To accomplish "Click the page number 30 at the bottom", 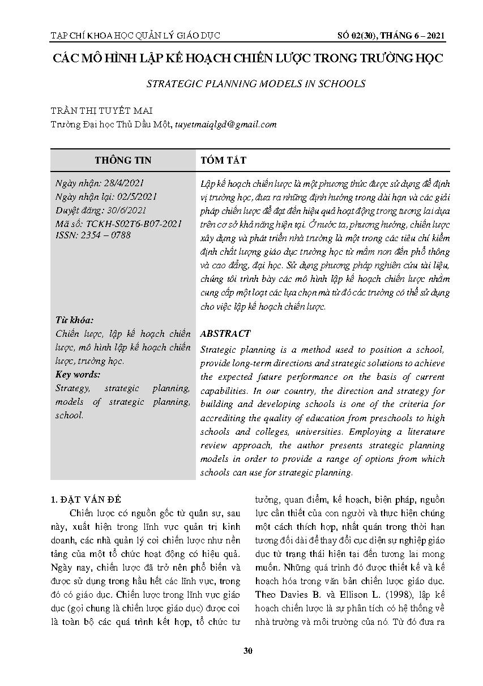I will (247, 650).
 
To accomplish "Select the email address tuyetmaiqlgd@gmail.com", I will (225, 125).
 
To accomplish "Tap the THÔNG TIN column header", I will (123, 160).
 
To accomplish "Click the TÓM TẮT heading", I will (223, 160).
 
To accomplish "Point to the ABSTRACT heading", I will (225, 334).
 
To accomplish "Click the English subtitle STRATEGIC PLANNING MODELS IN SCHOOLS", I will (256, 83).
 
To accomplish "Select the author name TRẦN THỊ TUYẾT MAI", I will (102, 111).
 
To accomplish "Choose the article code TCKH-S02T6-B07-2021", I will (135, 224).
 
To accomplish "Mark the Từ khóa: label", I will (75, 320).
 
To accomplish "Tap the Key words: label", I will (78, 375).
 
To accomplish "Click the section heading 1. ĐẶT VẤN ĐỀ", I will (86, 499).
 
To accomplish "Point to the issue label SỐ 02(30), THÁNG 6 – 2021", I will (391, 36).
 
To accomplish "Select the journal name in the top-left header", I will (135, 36).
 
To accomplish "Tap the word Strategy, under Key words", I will (72, 388).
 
